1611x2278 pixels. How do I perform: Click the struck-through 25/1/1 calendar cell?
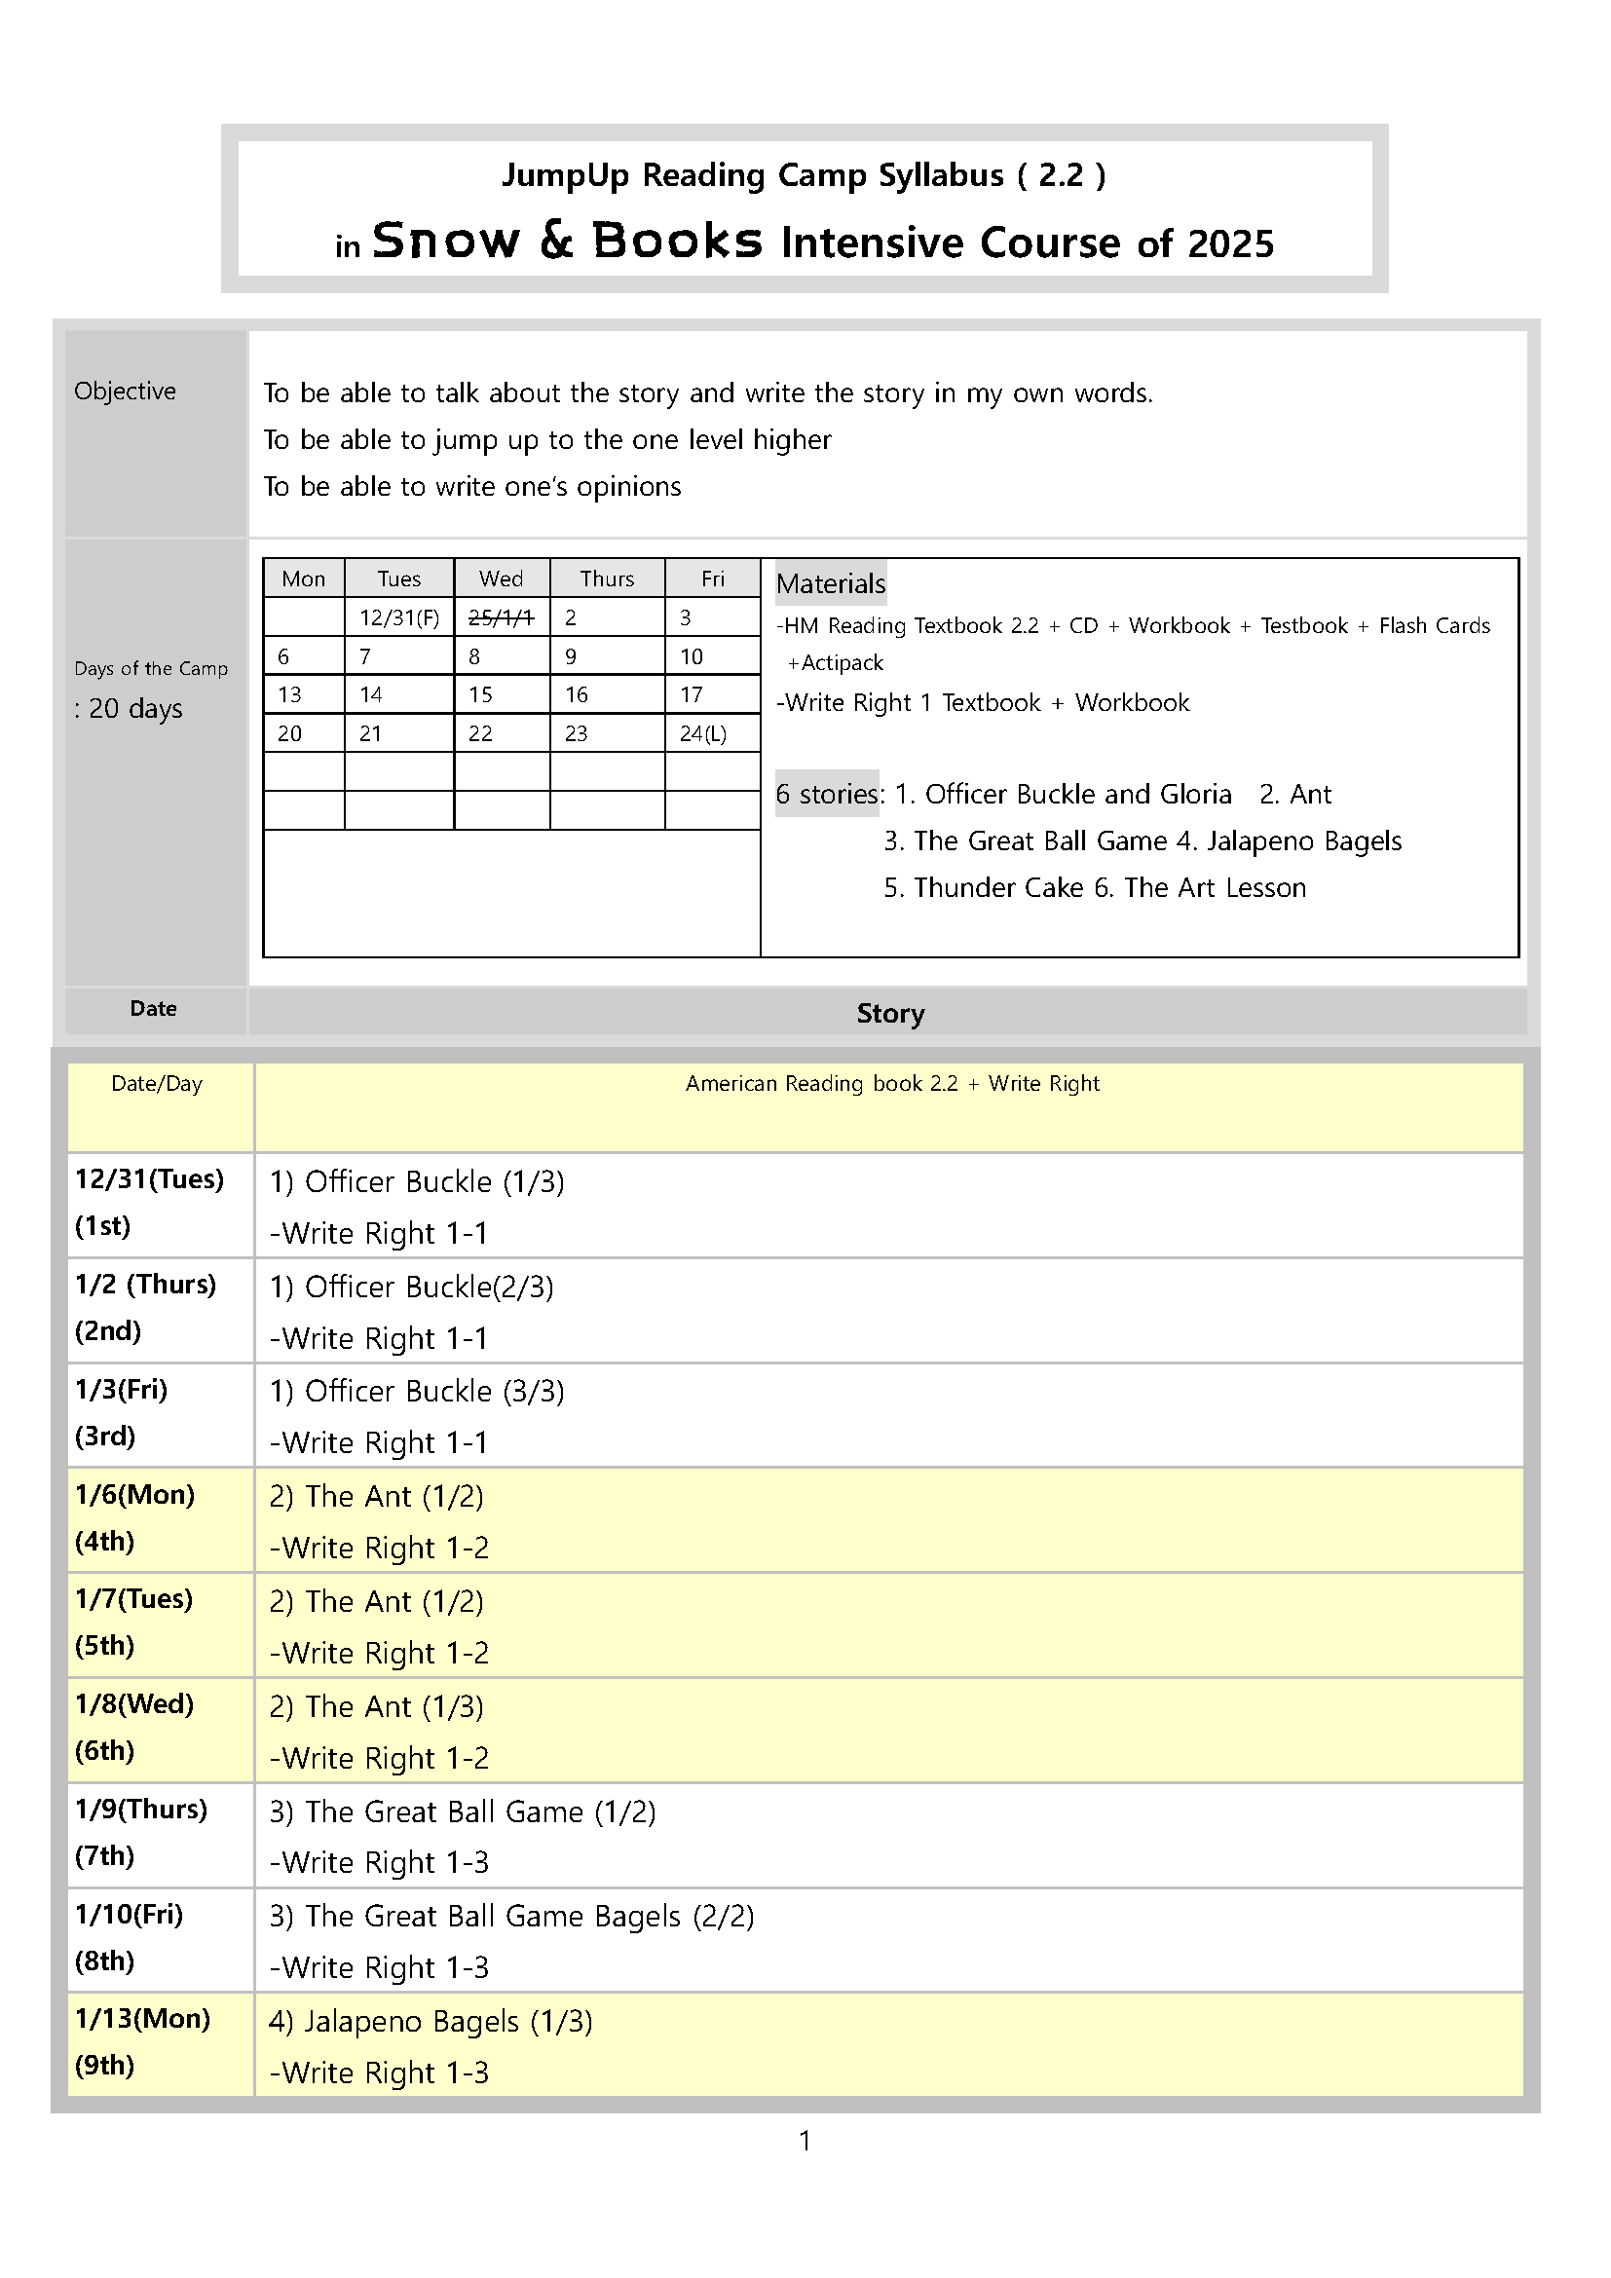(x=501, y=617)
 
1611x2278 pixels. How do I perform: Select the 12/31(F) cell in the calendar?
(x=398, y=617)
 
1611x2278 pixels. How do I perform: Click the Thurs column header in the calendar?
(x=607, y=579)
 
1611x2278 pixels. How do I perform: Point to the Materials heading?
(x=830, y=583)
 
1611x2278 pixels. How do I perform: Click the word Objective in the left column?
(x=125, y=391)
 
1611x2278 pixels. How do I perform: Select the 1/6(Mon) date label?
(x=135, y=1494)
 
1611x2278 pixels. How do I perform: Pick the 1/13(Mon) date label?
(x=143, y=2018)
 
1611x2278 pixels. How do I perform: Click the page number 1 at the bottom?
(x=805, y=2140)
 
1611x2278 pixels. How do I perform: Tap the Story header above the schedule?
(x=890, y=1013)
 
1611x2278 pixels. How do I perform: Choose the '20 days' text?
(x=135, y=708)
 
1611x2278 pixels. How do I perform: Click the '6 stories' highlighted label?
(x=827, y=794)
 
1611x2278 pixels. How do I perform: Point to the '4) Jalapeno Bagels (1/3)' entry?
(x=431, y=2021)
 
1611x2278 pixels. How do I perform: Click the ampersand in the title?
(x=556, y=241)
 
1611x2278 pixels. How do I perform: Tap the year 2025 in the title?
(x=1230, y=244)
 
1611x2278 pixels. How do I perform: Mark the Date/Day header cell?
(x=157, y=1083)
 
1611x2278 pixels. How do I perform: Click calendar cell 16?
(x=577, y=694)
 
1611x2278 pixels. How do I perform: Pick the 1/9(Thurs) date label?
(x=141, y=1809)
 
